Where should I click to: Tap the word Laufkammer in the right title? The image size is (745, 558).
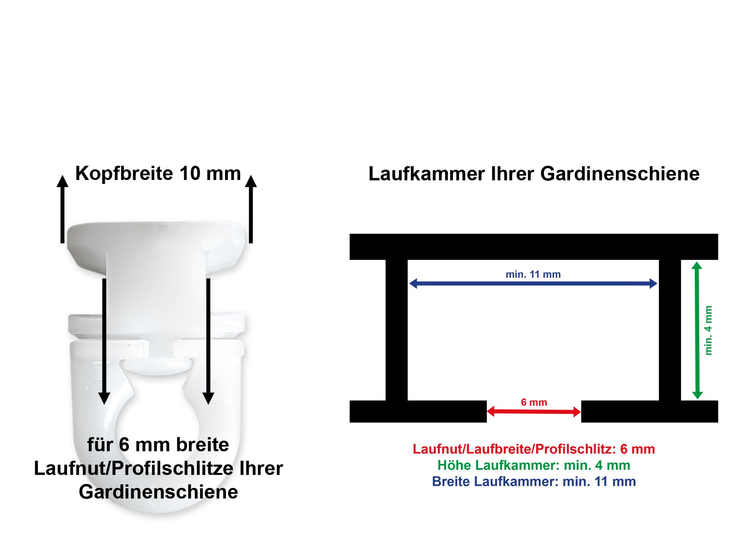[426, 174]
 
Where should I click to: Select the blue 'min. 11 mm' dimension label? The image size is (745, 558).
[533, 274]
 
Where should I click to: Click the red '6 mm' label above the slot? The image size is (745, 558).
[534, 402]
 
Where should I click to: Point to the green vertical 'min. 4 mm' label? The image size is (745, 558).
[708, 330]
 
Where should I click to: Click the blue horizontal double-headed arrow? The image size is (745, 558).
[533, 284]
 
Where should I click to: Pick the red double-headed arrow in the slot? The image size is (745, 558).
[534, 412]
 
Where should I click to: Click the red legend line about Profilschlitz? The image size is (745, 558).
[534, 449]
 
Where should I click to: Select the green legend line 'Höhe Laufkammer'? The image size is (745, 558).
[534, 465]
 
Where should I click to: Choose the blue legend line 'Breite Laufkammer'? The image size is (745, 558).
[534, 482]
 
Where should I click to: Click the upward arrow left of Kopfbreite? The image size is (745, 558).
[62, 209]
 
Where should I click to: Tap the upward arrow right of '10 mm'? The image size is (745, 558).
[251, 209]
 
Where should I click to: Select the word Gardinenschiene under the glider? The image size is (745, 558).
[158, 492]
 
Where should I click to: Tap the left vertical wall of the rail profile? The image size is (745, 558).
[397, 330]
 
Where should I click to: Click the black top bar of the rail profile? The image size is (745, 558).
[534, 247]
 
